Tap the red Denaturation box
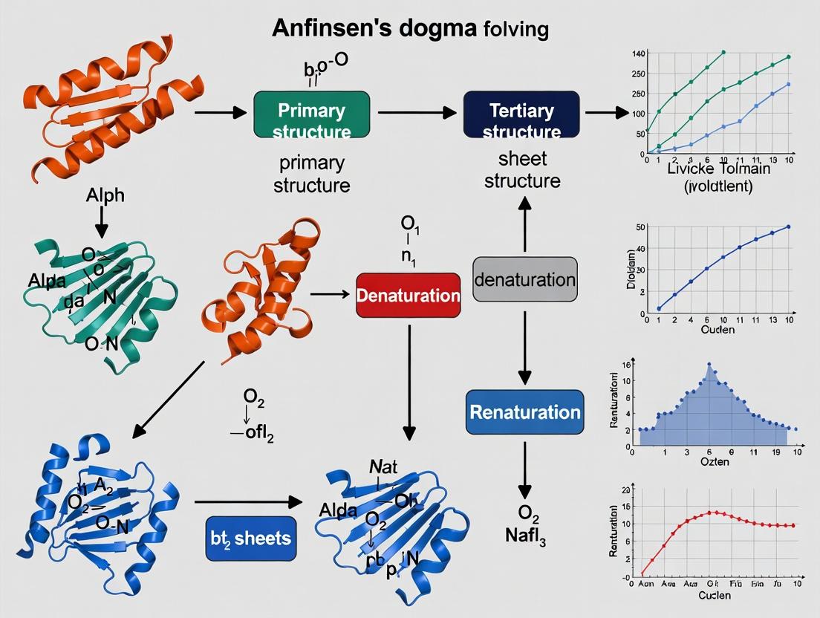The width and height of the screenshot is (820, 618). (x=409, y=295)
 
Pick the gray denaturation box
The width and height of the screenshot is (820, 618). (x=525, y=279)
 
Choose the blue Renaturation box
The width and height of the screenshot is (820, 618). (x=525, y=412)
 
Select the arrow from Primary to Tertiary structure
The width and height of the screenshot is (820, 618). (x=417, y=113)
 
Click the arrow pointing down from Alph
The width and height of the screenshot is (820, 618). (x=102, y=221)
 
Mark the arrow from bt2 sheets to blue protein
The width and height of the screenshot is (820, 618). (x=246, y=502)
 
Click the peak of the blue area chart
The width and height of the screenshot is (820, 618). (x=709, y=364)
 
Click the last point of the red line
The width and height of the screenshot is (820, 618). (x=793, y=525)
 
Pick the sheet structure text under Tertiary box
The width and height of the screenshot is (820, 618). (x=523, y=169)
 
